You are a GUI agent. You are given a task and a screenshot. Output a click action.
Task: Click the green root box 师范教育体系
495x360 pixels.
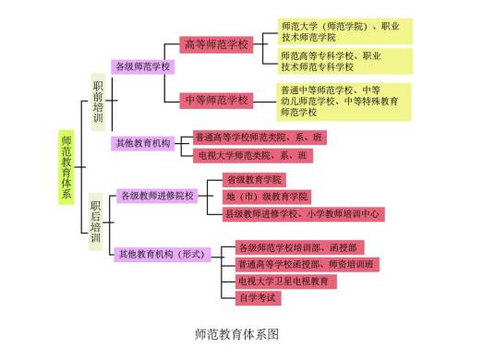pos(66,167)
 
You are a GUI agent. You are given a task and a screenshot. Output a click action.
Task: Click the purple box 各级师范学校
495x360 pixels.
pos(142,66)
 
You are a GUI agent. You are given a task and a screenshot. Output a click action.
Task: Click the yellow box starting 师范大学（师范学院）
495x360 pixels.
pos(344,30)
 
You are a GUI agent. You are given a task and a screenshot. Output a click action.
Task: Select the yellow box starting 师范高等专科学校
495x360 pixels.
pos(344,61)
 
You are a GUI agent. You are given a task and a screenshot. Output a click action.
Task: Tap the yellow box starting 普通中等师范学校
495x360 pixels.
pos(344,100)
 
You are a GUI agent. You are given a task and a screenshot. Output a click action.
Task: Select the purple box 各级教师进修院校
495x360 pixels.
pos(157,196)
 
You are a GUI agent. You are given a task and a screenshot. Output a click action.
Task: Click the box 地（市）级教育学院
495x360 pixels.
pos(267,197)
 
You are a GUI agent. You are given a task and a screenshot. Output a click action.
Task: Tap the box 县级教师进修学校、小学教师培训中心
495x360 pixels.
pos(303,214)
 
